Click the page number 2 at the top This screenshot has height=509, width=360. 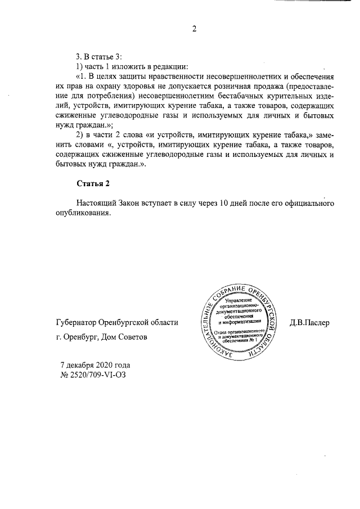coord(193,30)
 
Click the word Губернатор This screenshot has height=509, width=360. coord(78,323)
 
